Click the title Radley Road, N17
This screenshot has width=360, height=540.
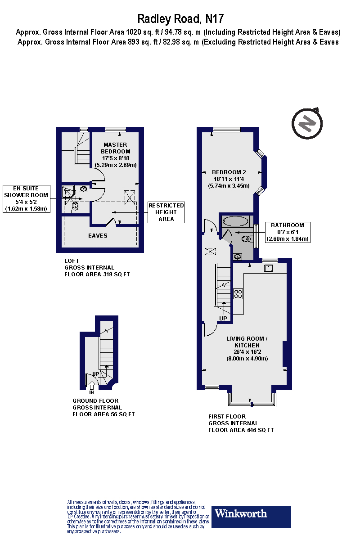point(180,19)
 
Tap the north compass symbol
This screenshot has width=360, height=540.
point(307,122)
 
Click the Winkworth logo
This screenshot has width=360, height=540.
point(252,516)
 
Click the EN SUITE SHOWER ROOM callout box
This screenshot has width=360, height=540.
point(26,198)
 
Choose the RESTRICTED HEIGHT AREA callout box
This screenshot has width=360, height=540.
point(166,212)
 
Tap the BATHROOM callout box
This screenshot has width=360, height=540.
point(288,232)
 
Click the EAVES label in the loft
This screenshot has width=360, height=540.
point(98,235)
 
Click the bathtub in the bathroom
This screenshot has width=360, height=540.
point(235,221)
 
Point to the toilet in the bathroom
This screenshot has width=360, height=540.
point(246,238)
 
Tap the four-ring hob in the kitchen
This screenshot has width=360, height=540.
point(238,294)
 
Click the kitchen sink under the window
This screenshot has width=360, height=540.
point(268,268)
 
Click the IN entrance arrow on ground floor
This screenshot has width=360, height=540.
point(92,386)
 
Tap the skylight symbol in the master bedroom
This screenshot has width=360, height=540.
point(129,197)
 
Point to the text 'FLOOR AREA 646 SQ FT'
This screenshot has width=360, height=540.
point(241,430)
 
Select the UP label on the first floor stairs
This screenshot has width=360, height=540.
point(223,318)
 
